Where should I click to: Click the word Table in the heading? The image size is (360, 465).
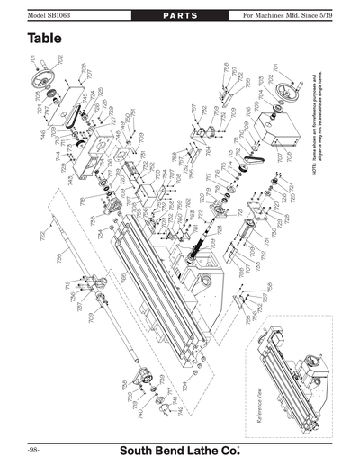[x=45, y=40]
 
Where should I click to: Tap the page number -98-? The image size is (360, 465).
[x=31, y=447]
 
